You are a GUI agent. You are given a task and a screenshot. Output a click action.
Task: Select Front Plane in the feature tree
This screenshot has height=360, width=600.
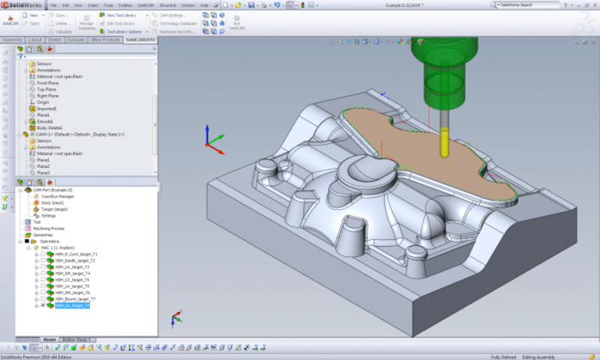[48, 82]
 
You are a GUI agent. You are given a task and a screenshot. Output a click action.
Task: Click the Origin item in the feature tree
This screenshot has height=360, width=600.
[43, 102]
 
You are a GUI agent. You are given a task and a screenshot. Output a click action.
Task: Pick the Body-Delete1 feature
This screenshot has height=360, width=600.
[50, 127]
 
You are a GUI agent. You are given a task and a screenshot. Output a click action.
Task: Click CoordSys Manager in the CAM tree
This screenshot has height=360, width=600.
[58, 196]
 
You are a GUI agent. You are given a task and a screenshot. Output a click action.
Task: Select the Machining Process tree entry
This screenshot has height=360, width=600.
[48, 228]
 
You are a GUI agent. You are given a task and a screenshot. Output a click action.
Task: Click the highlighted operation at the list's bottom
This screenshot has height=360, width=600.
[72, 305]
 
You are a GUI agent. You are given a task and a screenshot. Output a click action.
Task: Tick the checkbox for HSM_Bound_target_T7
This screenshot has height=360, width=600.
[43, 298]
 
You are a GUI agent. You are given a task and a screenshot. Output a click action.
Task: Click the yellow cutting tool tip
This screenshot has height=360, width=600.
[443, 144]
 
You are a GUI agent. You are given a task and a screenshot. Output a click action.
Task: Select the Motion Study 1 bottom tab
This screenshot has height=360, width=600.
[76, 339]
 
